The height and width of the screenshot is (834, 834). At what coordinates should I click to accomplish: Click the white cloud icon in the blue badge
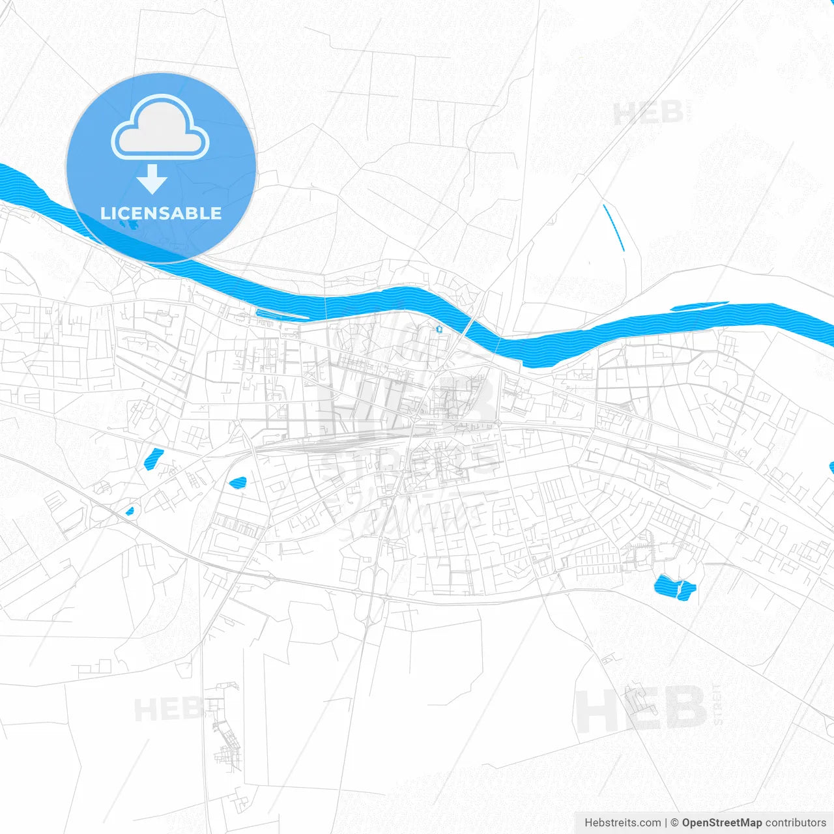click(x=160, y=128)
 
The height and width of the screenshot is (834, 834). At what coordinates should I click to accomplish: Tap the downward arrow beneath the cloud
click(x=152, y=179)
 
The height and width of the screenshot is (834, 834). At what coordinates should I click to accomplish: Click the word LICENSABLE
click(x=161, y=213)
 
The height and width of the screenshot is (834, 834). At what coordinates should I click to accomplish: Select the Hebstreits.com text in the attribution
click(x=622, y=823)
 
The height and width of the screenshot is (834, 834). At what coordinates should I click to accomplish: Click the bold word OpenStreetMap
click(x=721, y=823)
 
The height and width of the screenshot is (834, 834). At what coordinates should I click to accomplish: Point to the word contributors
click(x=796, y=823)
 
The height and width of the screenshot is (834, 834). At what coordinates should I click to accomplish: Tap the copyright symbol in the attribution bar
click(x=674, y=823)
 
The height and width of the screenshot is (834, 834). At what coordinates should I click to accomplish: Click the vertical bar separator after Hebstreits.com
click(x=666, y=823)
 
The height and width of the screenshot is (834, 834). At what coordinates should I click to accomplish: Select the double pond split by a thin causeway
click(x=675, y=588)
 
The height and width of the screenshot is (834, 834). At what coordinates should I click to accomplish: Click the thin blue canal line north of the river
click(x=613, y=227)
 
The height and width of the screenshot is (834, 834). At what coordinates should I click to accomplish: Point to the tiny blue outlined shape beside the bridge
click(x=439, y=329)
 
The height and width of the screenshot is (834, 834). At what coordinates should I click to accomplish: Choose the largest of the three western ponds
click(x=154, y=459)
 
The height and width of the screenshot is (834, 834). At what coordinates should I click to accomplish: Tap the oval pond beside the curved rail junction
click(x=238, y=483)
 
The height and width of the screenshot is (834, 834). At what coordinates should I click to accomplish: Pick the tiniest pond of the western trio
click(x=130, y=511)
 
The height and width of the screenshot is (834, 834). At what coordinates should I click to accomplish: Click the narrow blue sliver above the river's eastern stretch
click(x=700, y=306)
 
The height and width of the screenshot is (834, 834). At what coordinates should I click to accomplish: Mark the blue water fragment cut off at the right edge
click(x=831, y=467)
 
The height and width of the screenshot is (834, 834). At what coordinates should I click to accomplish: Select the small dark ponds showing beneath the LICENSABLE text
click(x=129, y=225)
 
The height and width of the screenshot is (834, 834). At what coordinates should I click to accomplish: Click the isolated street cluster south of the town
click(x=225, y=730)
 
